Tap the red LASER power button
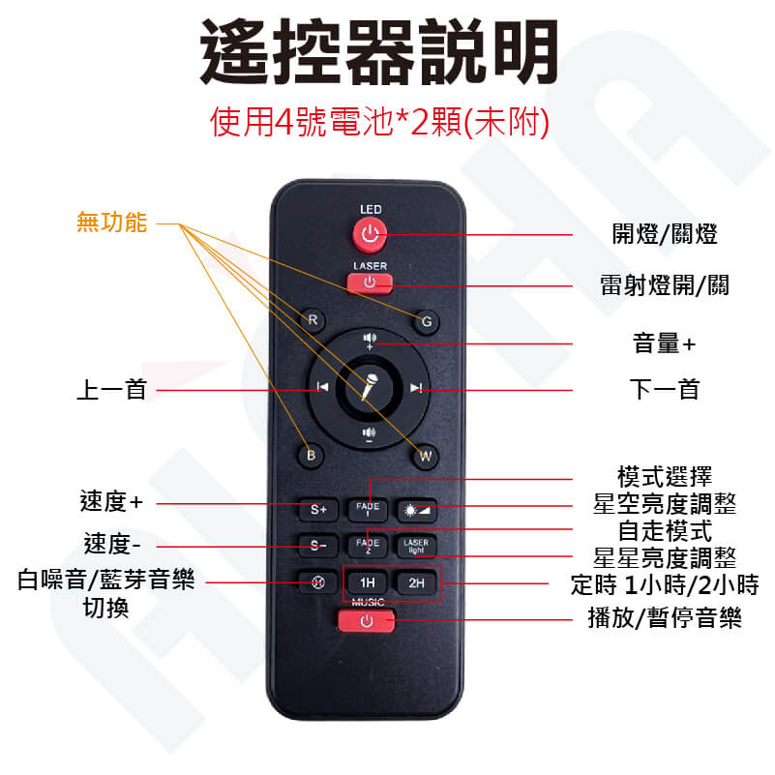pos(370,283)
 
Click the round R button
pos(313,320)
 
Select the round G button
pos(426,322)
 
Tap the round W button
pos(425,456)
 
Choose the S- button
pos(317,546)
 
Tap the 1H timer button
pos(367,582)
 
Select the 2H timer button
pos(416,582)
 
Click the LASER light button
pos(416,546)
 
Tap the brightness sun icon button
pos(416,510)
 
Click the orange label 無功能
pos(111,222)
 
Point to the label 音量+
pos(664,343)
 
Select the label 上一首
pos(111,390)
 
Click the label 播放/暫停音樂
pos(665,618)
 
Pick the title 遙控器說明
pos(378,51)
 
